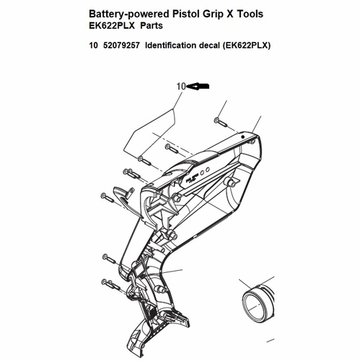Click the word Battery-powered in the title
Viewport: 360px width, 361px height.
click(x=129, y=14)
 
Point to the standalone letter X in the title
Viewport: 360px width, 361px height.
click(x=231, y=14)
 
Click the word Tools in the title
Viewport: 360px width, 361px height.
click(x=250, y=14)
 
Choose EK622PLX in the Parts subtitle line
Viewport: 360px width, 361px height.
click(x=112, y=25)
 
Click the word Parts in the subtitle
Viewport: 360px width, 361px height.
click(x=152, y=25)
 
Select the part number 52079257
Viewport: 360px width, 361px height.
click(x=121, y=45)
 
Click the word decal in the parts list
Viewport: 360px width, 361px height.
click(x=209, y=45)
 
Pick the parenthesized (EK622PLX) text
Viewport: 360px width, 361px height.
click(x=246, y=45)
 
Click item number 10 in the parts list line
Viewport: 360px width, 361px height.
click(x=93, y=45)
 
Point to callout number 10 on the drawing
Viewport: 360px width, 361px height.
click(x=181, y=87)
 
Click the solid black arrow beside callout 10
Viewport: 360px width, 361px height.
click(x=198, y=87)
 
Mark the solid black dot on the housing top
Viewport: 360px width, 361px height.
click(x=243, y=137)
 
